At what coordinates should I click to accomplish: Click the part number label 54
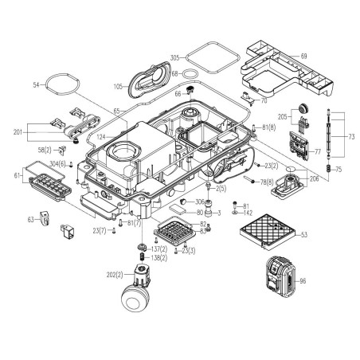click(37, 84)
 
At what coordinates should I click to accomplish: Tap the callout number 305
click(176, 58)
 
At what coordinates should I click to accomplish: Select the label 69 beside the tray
click(303, 55)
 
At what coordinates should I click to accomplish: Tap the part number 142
click(248, 213)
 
